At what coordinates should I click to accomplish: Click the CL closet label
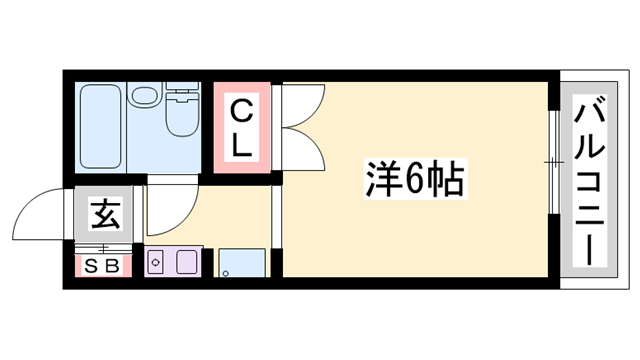point(242,126)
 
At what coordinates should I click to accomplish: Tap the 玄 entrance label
point(104,214)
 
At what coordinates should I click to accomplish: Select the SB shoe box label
point(102,265)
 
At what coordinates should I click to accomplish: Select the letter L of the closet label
point(242,144)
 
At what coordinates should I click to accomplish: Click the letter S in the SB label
point(92,266)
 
